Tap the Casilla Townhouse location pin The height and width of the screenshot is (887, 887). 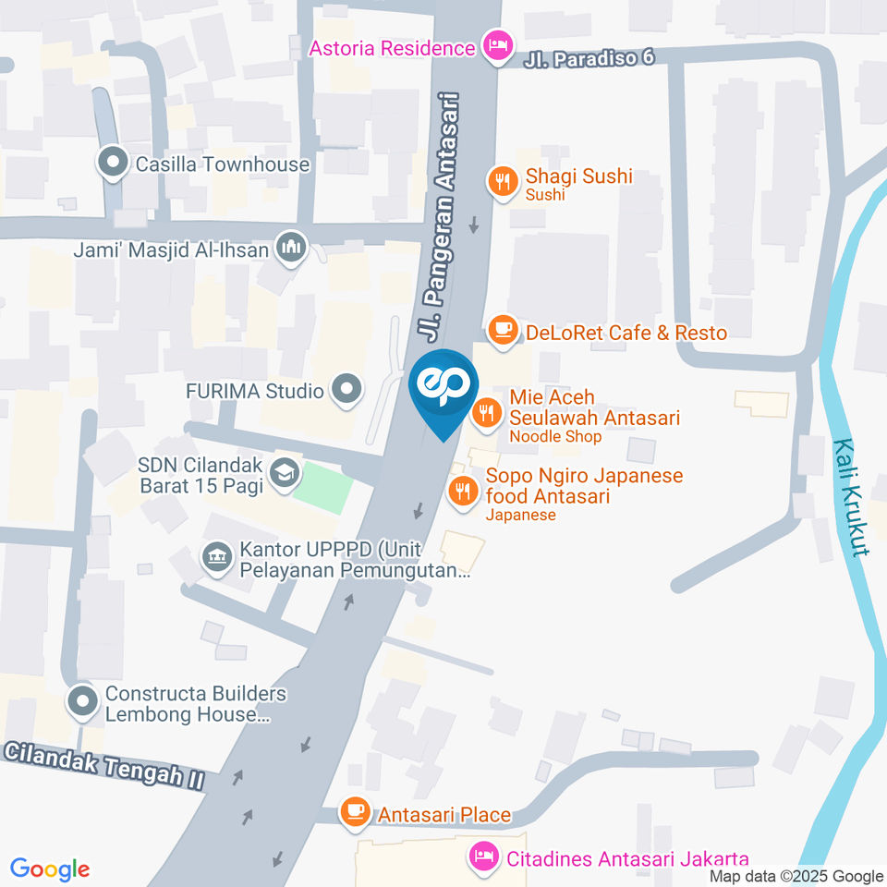coord(114,164)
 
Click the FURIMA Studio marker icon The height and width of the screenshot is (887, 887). coord(346,391)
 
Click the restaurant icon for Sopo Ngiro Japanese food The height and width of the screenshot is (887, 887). coord(461,491)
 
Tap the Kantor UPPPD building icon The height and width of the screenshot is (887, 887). coord(217,558)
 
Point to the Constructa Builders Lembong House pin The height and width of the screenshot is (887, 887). coord(83,702)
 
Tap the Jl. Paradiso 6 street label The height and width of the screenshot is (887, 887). coord(589,57)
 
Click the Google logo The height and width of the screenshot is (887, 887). coord(50,869)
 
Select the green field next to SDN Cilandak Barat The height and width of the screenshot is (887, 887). coord(324,486)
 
